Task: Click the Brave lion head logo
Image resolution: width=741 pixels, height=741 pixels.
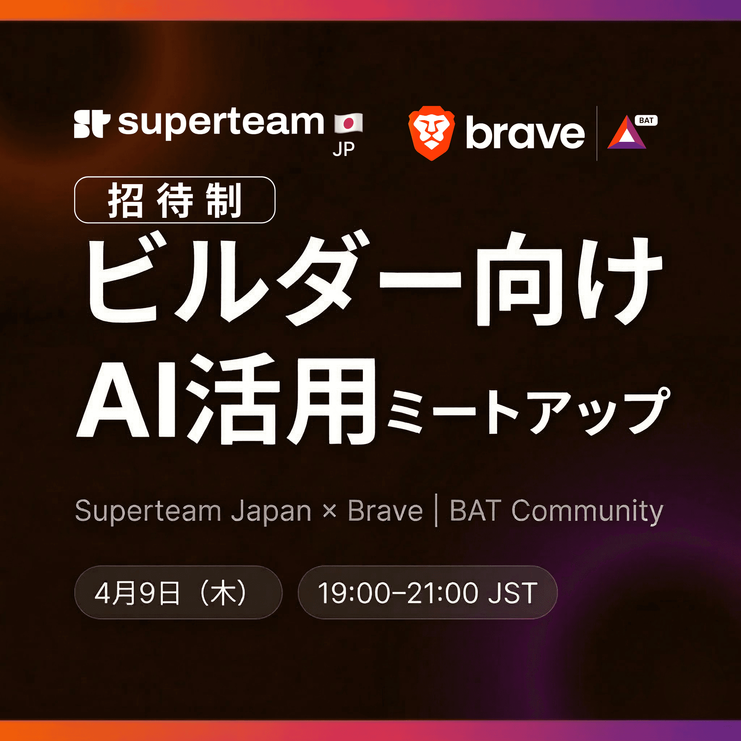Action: point(432,133)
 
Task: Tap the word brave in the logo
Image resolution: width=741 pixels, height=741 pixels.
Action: point(525,133)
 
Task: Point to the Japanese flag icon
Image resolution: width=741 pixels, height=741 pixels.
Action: point(348,123)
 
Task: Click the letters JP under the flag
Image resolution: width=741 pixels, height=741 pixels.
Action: point(344,149)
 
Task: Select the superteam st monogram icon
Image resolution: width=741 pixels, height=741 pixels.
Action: point(92,124)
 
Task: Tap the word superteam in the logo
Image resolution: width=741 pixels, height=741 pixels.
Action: point(221,123)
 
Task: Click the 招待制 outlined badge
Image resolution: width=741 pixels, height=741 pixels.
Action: point(174,200)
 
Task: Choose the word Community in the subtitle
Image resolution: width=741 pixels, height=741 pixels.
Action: point(587,511)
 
